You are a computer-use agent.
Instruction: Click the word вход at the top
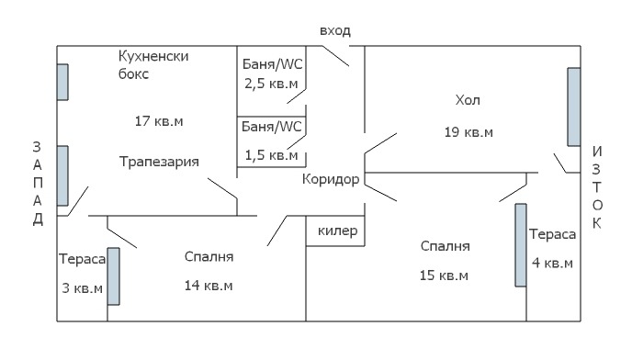(334, 30)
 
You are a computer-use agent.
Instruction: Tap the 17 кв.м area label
(158, 120)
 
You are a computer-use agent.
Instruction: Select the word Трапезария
(159, 161)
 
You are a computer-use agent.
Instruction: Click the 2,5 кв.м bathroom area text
(270, 84)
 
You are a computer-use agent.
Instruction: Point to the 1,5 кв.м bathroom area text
(270, 154)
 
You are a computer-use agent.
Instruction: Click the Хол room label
(468, 99)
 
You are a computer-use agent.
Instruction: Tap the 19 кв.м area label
(468, 132)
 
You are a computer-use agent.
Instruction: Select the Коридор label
(331, 178)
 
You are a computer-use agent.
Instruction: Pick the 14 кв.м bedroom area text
(209, 286)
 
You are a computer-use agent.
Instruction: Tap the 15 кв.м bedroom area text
(445, 276)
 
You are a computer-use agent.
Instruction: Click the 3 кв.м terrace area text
(81, 286)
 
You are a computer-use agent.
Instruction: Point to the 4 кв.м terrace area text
(552, 264)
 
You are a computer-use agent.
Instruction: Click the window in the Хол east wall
(573, 107)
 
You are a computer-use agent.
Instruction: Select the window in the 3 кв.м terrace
(114, 276)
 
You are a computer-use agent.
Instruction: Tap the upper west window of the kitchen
(62, 81)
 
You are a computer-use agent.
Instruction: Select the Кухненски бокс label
(153, 64)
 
